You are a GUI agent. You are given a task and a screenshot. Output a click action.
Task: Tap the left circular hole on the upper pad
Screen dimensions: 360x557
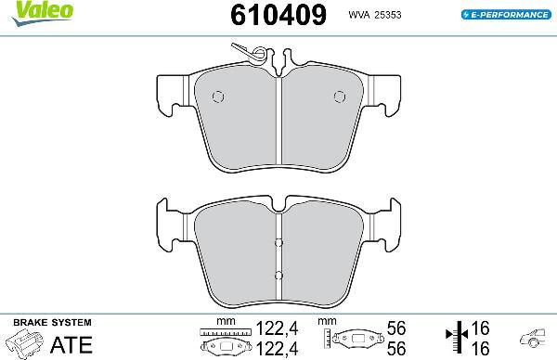coord(219,96)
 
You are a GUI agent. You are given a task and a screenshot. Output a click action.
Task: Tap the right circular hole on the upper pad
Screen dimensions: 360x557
coord(338,96)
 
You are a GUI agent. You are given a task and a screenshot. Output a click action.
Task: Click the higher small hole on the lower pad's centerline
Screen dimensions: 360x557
coord(278,244)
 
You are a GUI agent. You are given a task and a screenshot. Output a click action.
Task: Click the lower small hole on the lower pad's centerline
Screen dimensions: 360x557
coord(278,275)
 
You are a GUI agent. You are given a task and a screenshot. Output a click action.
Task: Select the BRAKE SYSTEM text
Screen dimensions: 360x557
coord(51,321)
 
